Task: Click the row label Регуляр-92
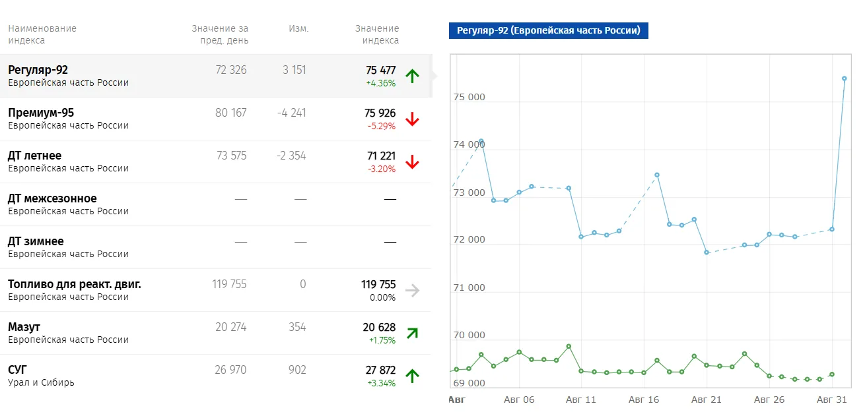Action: tap(38, 70)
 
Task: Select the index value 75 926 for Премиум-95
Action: tap(380, 113)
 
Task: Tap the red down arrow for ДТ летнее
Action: tap(412, 162)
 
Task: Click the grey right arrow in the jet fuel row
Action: tap(412, 290)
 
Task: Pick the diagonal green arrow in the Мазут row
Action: tap(413, 333)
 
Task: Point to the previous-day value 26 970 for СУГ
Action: tap(230, 370)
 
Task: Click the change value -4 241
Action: tap(291, 113)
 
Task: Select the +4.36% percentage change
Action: tap(381, 83)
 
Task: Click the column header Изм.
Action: tap(298, 28)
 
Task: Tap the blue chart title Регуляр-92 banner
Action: tap(549, 30)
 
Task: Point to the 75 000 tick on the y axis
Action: tap(469, 97)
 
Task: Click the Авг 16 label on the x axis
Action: tap(644, 400)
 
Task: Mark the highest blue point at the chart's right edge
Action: tap(844, 78)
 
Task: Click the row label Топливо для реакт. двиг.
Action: tap(75, 284)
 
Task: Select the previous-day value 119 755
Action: tap(229, 284)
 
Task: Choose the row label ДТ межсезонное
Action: tap(52, 198)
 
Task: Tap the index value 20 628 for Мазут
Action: tap(379, 328)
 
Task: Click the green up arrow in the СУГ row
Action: tap(412, 376)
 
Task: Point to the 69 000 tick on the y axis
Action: tap(469, 383)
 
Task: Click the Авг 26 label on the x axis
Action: tap(769, 400)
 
